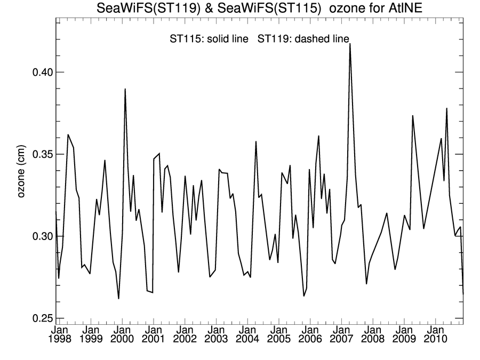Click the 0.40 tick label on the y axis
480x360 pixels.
point(38,72)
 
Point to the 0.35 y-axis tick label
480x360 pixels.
point(38,154)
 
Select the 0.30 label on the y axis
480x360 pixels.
point(38,236)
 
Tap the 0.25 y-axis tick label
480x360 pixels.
point(38,318)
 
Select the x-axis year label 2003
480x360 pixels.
point(215,339)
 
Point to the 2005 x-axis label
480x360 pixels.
point(278,339)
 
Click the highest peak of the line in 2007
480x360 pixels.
point(350,44)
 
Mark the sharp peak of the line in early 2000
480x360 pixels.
point(125,89)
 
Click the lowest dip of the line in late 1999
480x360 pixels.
point(118,299)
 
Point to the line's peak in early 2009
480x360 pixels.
point(413,115)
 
